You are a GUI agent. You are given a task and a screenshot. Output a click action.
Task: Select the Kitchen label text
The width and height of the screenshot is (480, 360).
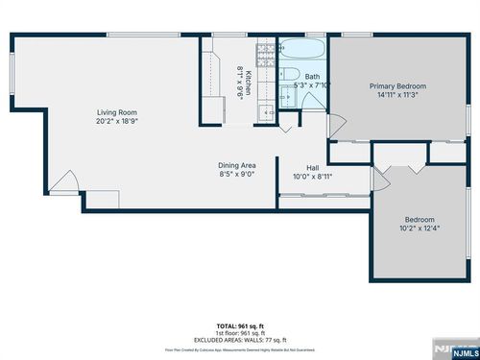point(248,84)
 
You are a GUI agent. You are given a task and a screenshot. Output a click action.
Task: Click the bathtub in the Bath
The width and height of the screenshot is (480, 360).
point(303,49)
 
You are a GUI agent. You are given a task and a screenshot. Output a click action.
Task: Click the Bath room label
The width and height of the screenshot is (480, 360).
point(312,76)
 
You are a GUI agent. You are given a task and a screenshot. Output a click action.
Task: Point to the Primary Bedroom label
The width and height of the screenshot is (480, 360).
point(397,86)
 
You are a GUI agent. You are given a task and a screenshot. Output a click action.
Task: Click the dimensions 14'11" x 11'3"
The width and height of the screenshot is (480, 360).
point(397,95)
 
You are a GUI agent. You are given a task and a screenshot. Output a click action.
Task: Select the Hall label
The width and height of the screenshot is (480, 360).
point(312,167)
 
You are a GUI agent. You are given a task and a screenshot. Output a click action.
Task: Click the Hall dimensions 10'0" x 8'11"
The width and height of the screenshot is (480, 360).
point(312,176)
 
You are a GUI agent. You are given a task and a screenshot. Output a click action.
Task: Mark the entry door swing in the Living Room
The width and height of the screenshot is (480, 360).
point(65,181)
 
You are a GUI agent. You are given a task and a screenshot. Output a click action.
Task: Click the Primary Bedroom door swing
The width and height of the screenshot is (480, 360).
point(335,126)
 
